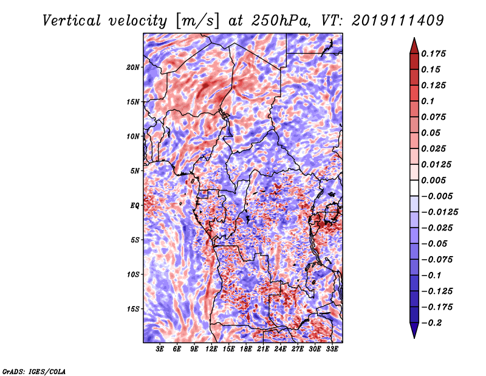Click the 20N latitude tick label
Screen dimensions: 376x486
click(x=133, y=67)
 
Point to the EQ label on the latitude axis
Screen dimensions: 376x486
click(x=135, y=206)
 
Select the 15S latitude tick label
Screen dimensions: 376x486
click(x=133, y=309)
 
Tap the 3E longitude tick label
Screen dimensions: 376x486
click(x=160, y=350)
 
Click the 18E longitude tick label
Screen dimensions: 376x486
click(x=246, y=350)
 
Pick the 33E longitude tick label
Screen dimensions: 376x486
click(x=332, y=350)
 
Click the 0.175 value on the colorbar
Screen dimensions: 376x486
click(x=436, y=54)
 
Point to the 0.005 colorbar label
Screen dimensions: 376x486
click(x=436, y=180)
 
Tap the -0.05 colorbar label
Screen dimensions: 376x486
click(x=437, y=243)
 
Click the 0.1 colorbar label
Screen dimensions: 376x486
click(x=431, y=101)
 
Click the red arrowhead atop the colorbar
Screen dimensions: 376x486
click(x=413, y=44)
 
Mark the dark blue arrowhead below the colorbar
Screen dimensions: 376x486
click(x=413, y=331)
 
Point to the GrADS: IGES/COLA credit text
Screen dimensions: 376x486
click(x=33, y=371)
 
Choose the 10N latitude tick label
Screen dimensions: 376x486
click(x=133, y=136)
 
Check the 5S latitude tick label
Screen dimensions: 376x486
click(x=135, y=240)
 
